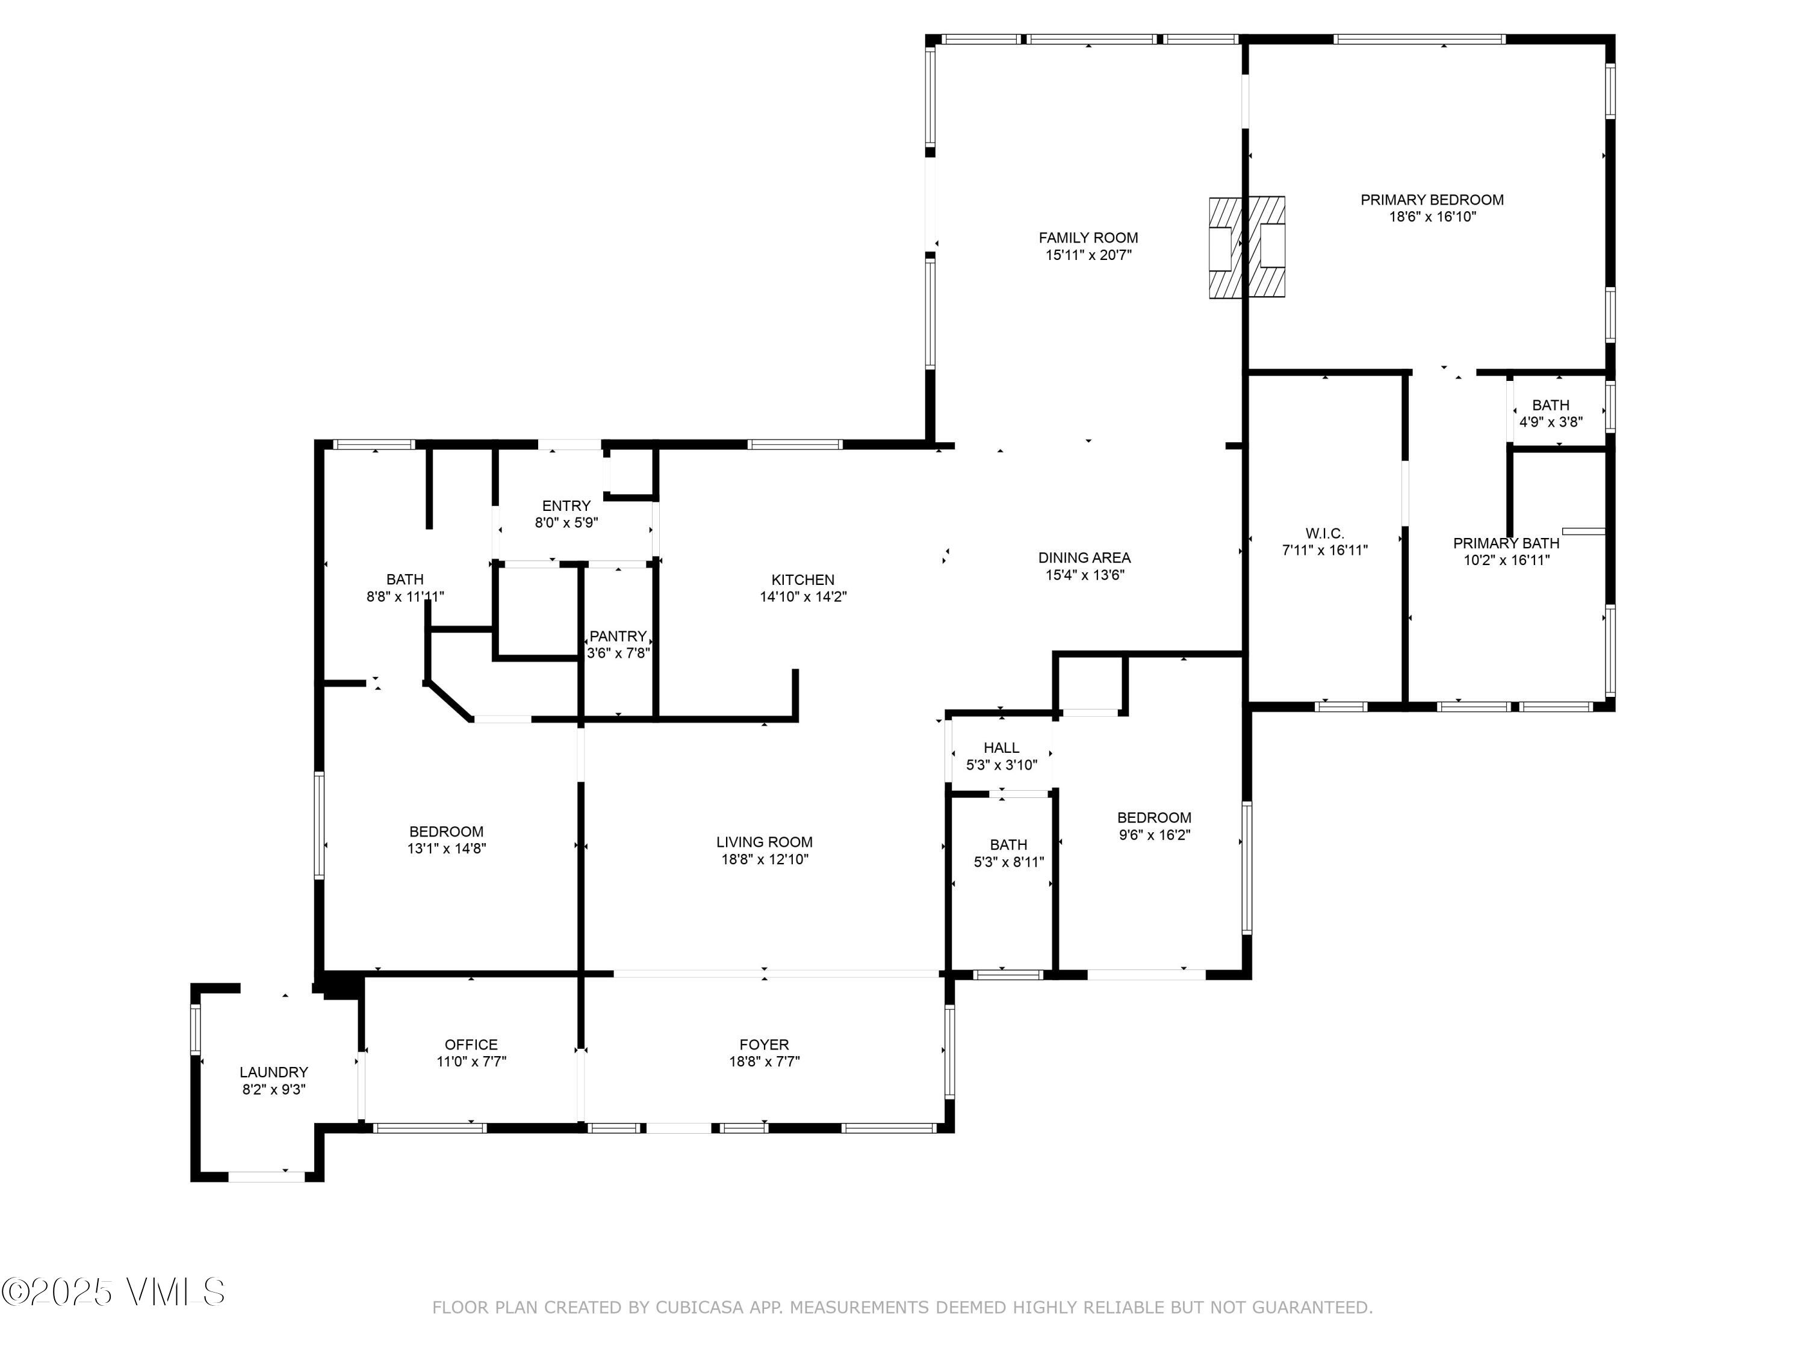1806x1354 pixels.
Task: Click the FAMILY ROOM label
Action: point(1088,238)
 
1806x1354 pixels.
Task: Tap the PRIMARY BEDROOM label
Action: point(1432,199)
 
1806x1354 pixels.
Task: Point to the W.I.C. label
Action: point(1324,533)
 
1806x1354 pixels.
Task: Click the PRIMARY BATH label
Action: point(1506,543)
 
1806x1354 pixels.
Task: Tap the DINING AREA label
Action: point(1084,557)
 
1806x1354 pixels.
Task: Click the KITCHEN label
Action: point(804,580)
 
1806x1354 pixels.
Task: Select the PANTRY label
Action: point(618,636)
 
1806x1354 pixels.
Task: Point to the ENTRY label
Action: point(566,506)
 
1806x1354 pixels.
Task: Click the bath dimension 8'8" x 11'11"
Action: point(405,596)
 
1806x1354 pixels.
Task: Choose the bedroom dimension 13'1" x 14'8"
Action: point(447,849)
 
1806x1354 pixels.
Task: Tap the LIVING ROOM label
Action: point(764,841)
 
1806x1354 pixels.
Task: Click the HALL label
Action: point(1001,747)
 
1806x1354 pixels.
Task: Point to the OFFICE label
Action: point(471,1045)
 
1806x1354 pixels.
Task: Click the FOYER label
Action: point(764,1045)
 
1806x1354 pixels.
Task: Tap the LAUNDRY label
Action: point(273,1072)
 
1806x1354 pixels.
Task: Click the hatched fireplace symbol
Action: point(1247,247)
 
